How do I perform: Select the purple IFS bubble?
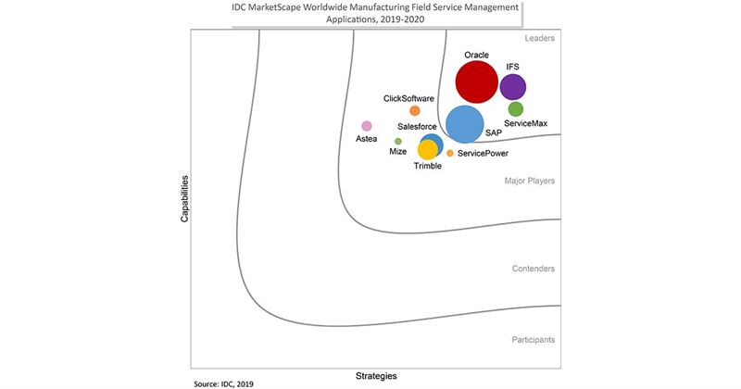pos(513,87)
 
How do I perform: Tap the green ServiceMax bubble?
pos(516,109)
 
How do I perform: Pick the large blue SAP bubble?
pos(465,124)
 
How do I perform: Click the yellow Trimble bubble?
pos(428,149)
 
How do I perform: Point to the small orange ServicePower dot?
pos(450,153)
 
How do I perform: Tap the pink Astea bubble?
pos(367,126)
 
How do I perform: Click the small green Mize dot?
pos(398,142)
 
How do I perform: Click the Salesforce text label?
pos(419,126)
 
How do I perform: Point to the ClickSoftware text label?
pos(409,98)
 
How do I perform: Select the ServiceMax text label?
pos(525,123)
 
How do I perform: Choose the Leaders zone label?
pos(539,38)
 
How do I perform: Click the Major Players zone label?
pos(530,181)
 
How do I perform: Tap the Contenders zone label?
pos(534,269)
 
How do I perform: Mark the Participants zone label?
pos(534,340)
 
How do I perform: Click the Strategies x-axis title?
pos(377,376)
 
